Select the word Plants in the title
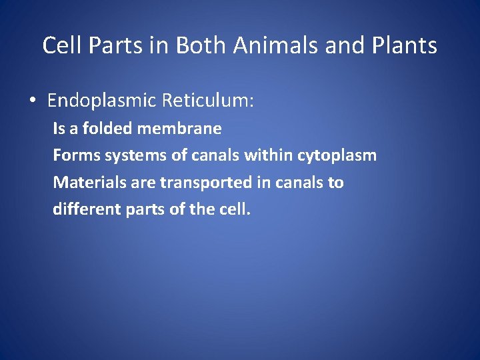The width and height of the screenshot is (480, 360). tap(406, 45)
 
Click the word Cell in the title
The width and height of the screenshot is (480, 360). tap(60, 45)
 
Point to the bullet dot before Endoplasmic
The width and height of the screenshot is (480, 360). tap(32, 101)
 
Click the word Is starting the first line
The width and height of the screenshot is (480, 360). tap(59, 128)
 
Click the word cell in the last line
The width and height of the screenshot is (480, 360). tap(234, 209)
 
